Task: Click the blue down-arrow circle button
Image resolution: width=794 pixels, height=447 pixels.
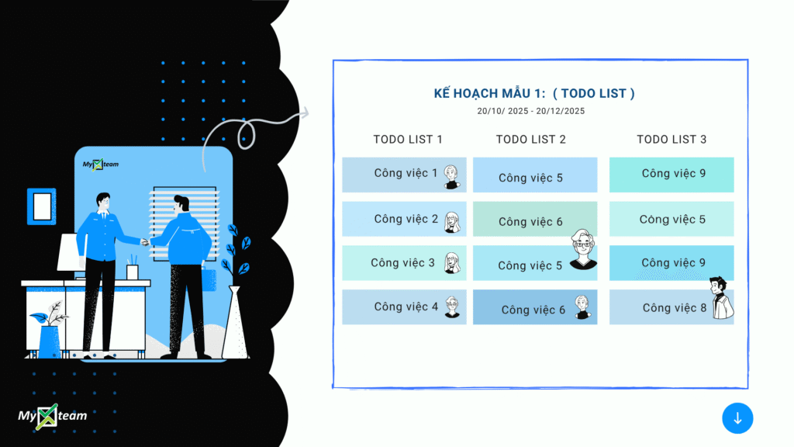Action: (737, 418)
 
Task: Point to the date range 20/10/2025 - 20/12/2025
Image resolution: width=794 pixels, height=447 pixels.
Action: (530, 111)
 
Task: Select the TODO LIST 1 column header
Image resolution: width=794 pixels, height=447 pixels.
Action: (408, 140)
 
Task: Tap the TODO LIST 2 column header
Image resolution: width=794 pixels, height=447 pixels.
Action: (530, 140)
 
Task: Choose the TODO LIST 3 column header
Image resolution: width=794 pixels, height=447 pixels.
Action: (671, 140)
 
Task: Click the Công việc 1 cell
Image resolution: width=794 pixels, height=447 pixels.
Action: (404, 175)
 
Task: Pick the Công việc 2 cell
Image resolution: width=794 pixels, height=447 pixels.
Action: (404, 219)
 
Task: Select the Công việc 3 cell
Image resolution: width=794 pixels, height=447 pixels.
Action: (404, 263)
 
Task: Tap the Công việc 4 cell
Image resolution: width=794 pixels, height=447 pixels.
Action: (404, 307)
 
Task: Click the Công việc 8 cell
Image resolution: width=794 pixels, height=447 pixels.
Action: (671, 307)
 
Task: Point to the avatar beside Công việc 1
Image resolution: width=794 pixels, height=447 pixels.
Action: (452, 177)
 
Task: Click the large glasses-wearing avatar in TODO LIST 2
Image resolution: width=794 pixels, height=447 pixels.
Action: (583, 249)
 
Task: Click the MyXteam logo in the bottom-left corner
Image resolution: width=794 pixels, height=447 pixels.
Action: (52, 417)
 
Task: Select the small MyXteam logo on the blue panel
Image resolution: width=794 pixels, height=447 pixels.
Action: (100, 165)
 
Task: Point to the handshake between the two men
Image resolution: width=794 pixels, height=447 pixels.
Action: (146, 242)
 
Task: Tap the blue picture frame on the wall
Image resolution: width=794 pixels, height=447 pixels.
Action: (42, 206)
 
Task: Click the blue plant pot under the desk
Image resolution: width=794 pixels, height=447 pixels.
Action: (49, 342)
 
